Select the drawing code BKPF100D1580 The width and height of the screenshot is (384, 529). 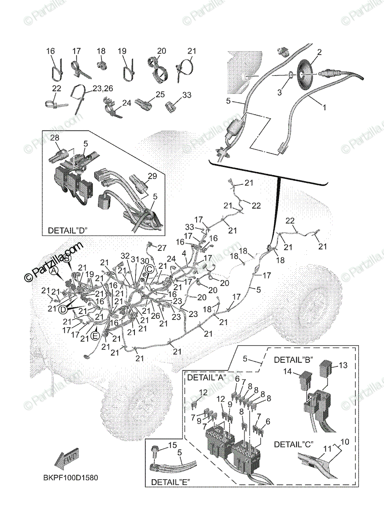pyautogui.click(x=71, y=477)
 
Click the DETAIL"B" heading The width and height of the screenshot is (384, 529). pyautogui.click(x=294, y=360)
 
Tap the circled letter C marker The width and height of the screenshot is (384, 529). pyautogui.click(x=150, y=268)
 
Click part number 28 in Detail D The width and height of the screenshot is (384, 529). pyautogui.click(x=54, y=138)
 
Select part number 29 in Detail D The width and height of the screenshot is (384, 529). pyautogui.click(x=152, y=176)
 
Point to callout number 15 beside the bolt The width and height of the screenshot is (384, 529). pyautogui.click(x=172, y=446)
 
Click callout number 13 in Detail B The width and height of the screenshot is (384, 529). pyautogui.click(x=343, y=365)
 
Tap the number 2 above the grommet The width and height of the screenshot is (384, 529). pyautogui.click(x=320, y=52)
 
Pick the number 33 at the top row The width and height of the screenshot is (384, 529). pyautogui.click(x=187, y=95)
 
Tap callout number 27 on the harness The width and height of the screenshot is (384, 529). pyautogui.click(x=162, y=247)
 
